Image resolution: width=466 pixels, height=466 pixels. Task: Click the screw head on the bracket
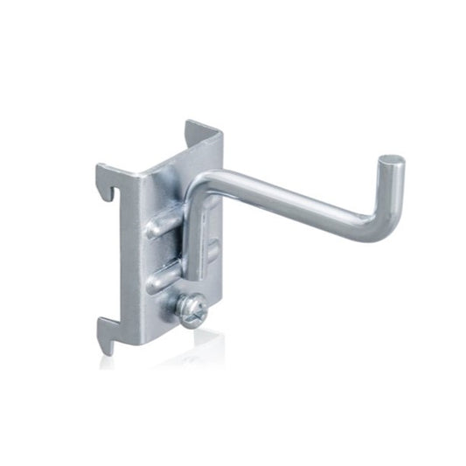(x=191, y=309)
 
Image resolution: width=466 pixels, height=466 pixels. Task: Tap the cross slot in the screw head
(x=190, y=309)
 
